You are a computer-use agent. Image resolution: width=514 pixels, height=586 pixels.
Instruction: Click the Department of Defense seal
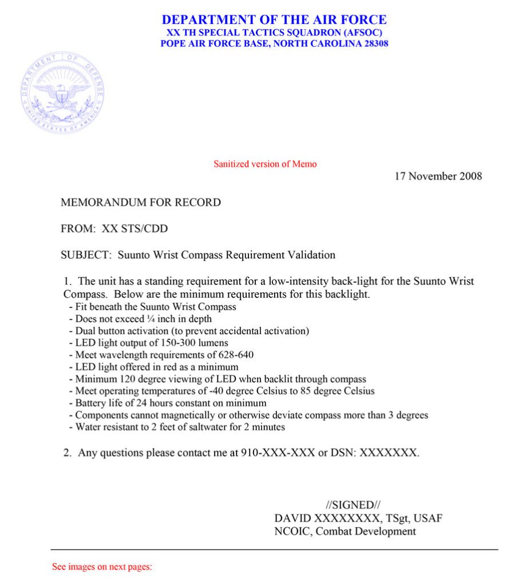62,93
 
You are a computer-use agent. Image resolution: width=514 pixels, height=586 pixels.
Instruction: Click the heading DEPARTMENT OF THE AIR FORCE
274,19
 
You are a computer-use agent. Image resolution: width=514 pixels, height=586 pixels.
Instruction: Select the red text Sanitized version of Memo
265,164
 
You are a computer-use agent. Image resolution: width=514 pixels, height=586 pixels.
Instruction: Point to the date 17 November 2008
438,176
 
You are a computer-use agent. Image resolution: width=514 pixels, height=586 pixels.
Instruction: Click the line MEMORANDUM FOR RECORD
140,202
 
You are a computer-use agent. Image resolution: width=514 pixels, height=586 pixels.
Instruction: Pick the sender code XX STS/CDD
135,229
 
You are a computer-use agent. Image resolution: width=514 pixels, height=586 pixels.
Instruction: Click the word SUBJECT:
85,255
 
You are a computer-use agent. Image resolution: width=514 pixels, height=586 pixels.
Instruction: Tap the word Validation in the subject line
314,255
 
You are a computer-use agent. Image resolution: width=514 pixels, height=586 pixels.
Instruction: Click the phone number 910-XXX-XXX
272,453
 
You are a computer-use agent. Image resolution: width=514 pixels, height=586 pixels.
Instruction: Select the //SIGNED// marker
353,505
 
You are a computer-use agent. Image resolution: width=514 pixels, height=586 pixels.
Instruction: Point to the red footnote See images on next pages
102,567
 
